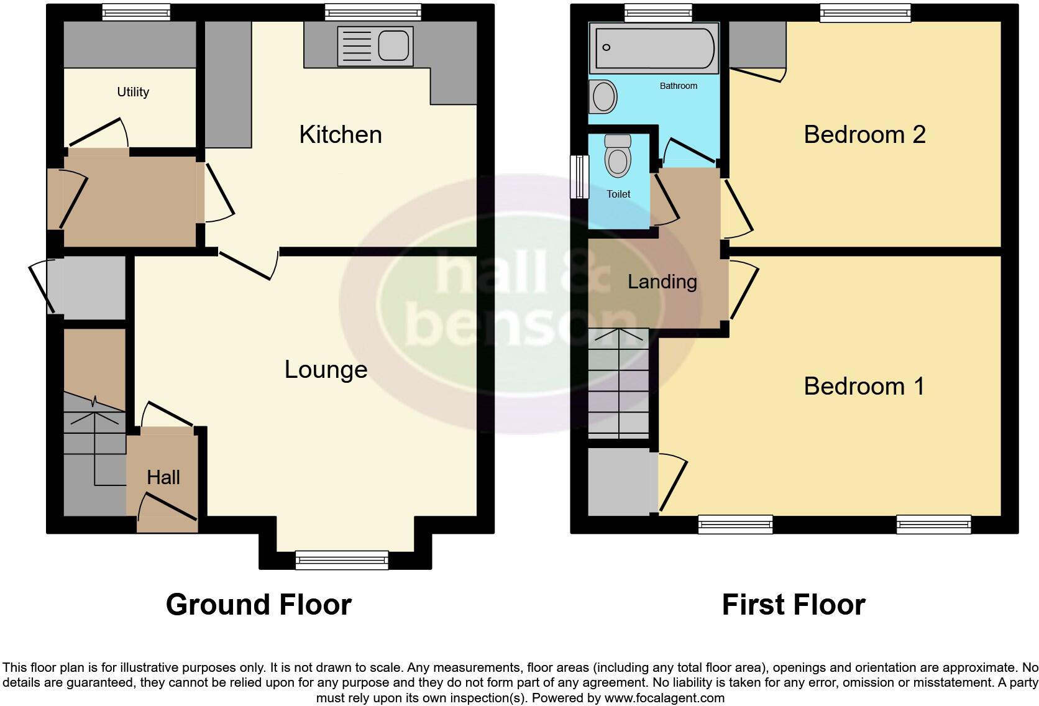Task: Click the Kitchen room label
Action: (341, 135)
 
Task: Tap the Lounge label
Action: (326, 370)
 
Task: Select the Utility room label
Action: (133, 92)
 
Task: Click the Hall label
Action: (163, 477)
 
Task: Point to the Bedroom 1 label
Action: (864, 387)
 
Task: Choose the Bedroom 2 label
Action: (864, 135)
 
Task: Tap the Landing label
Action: (662, 282)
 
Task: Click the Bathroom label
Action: (678, 86)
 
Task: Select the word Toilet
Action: (618, 194)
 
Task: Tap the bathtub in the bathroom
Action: (654, 47)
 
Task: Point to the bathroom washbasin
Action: (603, 97)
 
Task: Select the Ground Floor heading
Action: (259, 605)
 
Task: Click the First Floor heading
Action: (794, 605)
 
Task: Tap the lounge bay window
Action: (342, 560)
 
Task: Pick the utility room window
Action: (135, 12)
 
